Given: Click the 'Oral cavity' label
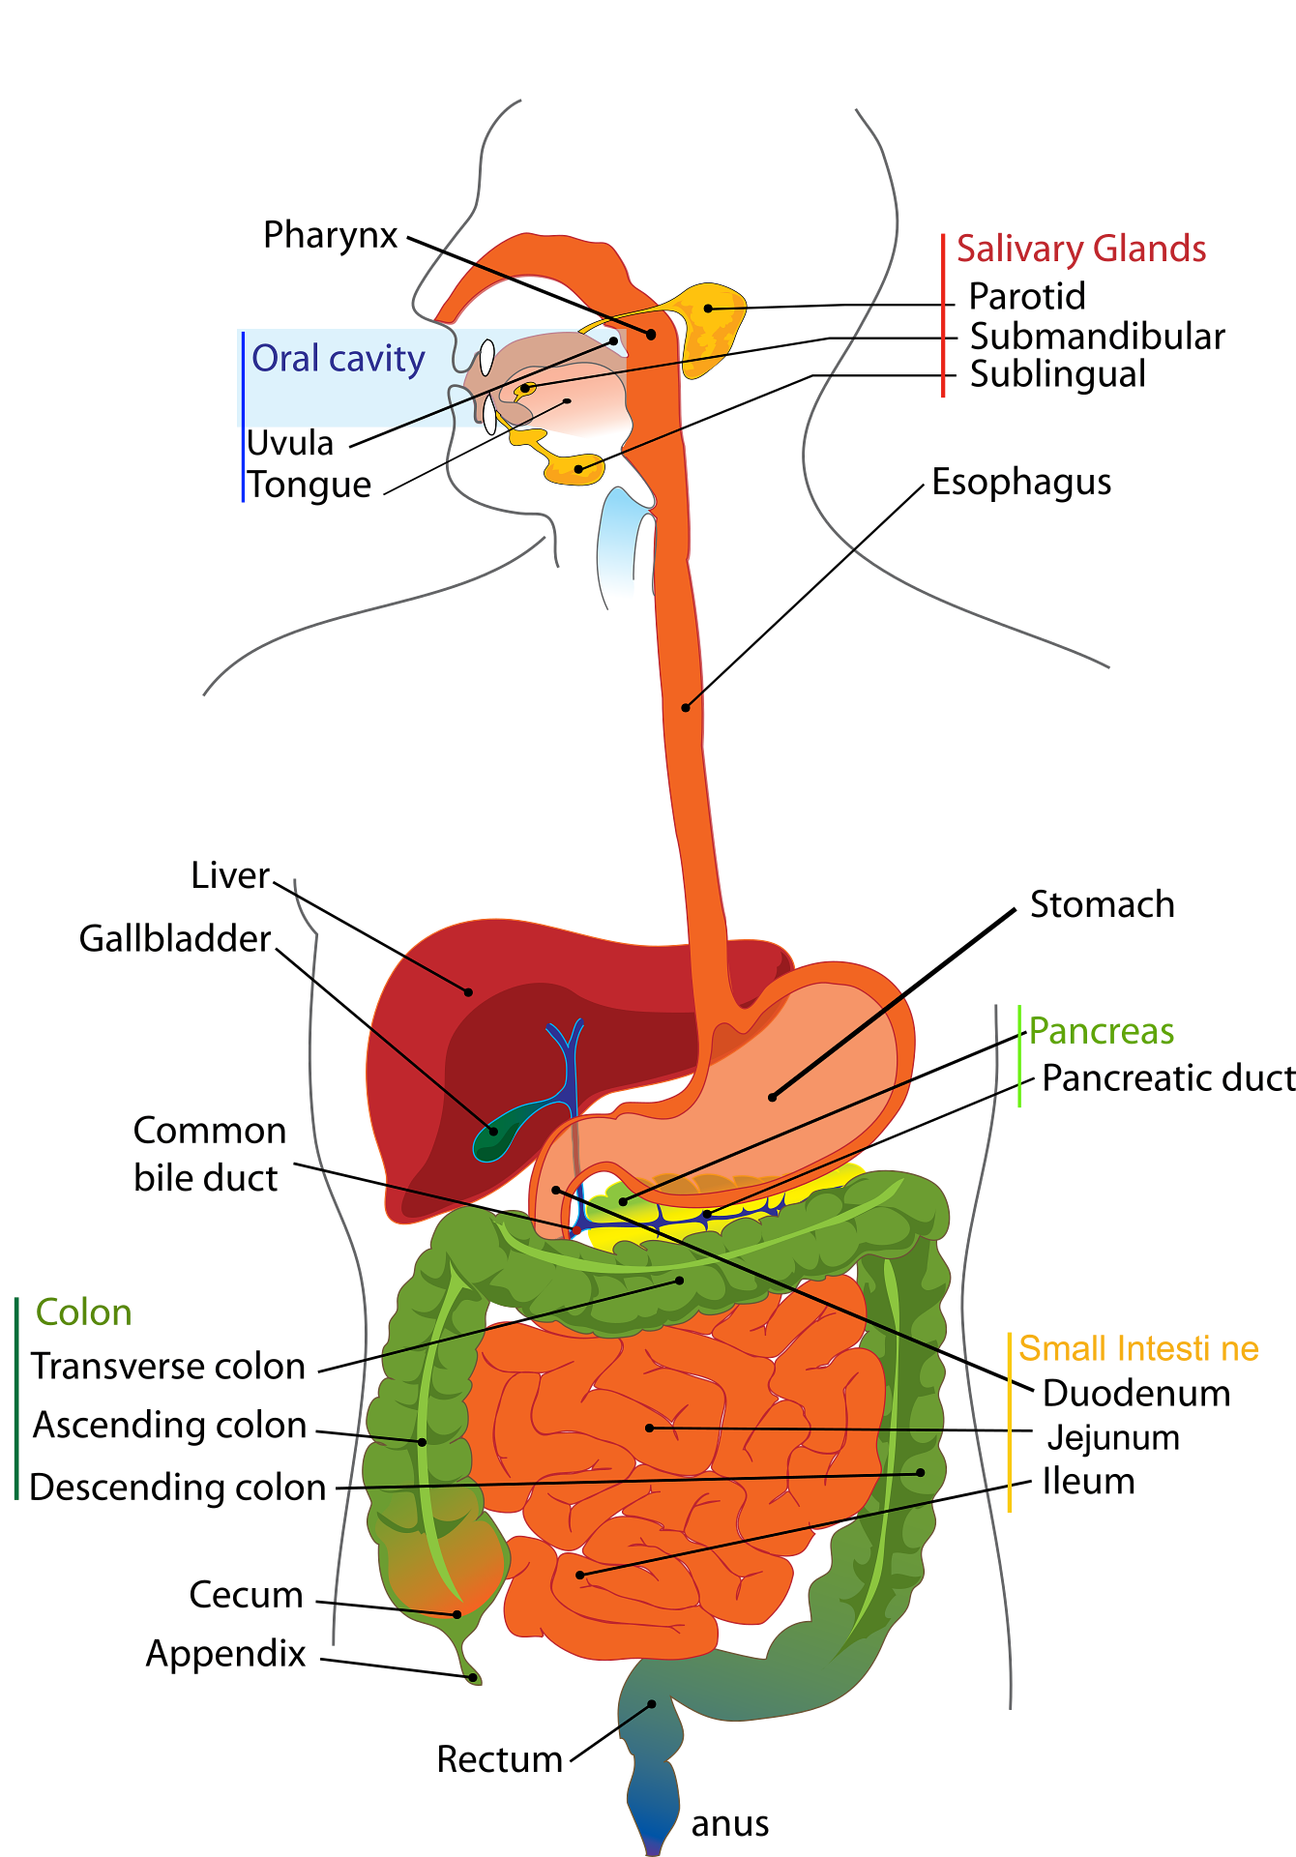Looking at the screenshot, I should pyautogui.click(x=338, y=359).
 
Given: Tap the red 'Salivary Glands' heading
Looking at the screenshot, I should pyautogui.click(x=1080, y=250).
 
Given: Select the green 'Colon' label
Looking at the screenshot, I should pyautogui.click(x=82, y=1313).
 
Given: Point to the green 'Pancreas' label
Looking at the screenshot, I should pyautogui.click(x=1101, y=1033).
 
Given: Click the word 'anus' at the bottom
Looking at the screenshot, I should pyautogui.click(x=730, y=1824).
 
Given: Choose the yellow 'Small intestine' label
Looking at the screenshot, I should pyautogui.click(x=1137, y=1348).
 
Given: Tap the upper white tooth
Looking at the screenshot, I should pyautogui.click(x=486, y=358).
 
